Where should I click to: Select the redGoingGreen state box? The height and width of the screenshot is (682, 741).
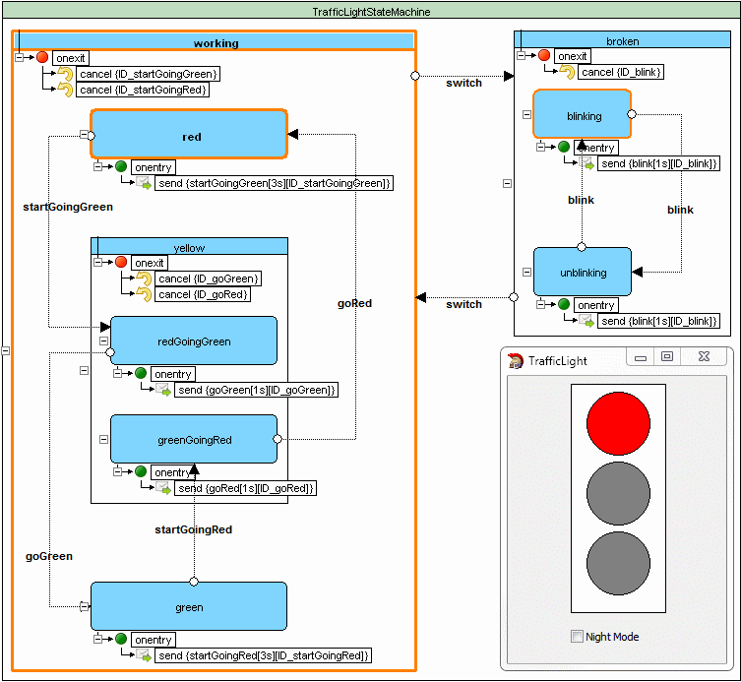click(x=194, y=341)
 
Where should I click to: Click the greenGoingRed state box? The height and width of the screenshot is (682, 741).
click(x=194, y=439)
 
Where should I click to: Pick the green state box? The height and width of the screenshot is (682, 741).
click(x=189, y=606)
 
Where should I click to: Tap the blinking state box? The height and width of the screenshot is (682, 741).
click(x=583, y=115)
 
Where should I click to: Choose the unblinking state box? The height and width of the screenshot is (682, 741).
click(x=583, y=272)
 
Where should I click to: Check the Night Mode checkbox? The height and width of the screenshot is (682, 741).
click(x=578, y=637)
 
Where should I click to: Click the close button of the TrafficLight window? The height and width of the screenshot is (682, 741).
click(x=704, y=357)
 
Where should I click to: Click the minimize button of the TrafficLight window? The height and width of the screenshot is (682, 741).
click(x=641, y=357)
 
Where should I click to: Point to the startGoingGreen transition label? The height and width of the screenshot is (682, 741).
click(x=68, y=207)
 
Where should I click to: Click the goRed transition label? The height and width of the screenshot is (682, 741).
click(x=354, y=303)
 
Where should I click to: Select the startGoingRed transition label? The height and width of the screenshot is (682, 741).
click(x=194, y=529)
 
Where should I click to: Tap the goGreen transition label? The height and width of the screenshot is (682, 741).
click(x=49, y=556)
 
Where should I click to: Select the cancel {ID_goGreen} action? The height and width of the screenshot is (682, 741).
click(x=209, y=279)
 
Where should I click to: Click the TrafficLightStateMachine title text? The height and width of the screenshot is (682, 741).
click(x=370, y=12)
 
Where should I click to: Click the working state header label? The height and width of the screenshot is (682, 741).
click(x=216, y=43)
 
